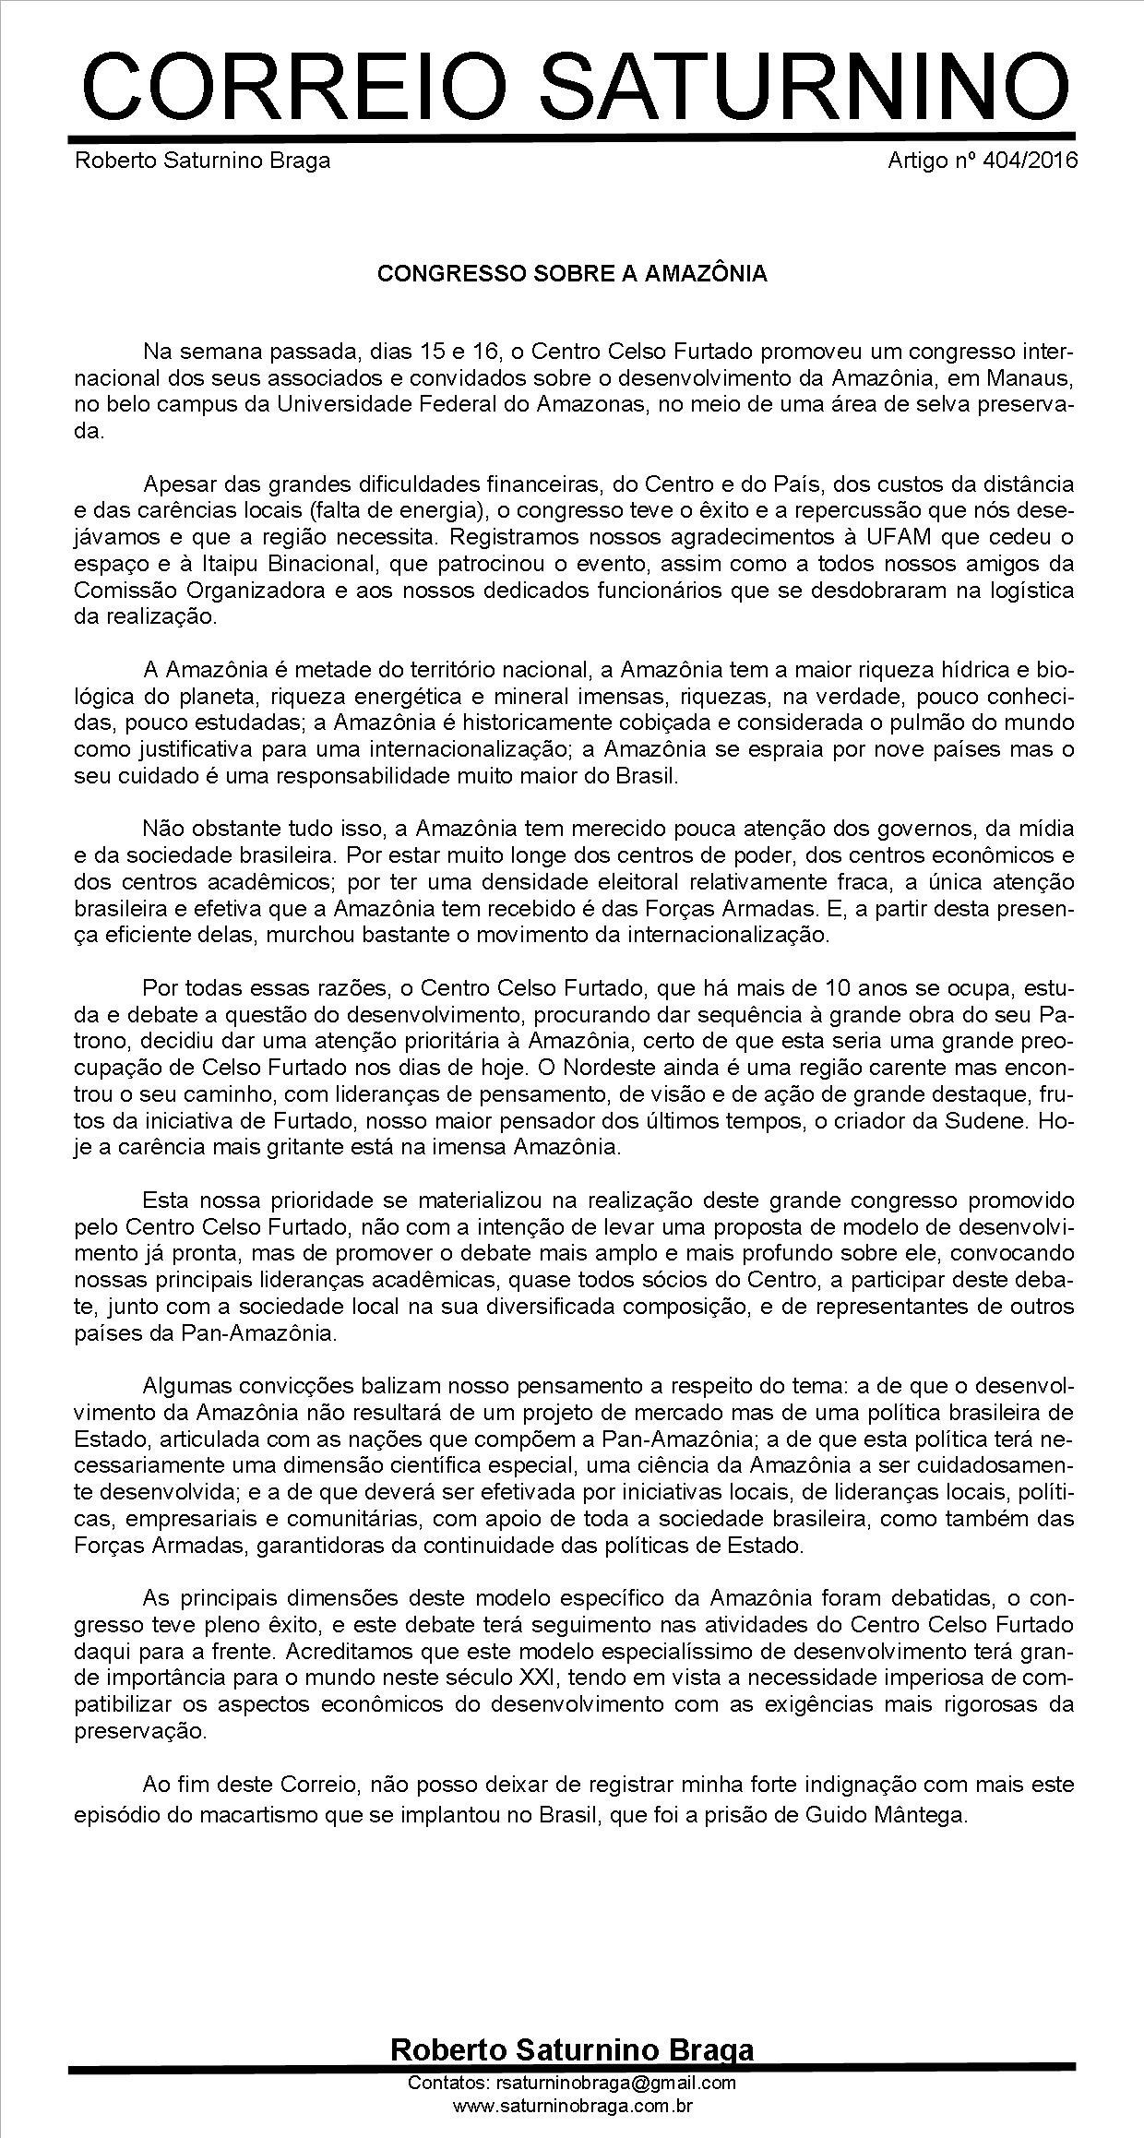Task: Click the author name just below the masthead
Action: (202, 161)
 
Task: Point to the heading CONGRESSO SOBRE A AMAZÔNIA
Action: (572, 274)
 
